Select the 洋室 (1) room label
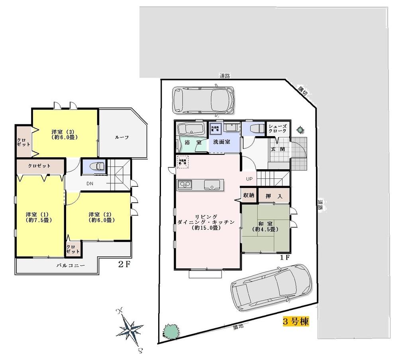tap(39, 217)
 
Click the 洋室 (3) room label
tap(64, 134)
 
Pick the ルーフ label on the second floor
tap(122, 137)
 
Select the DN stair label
tap(90, 184)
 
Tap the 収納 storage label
tap(249, 196)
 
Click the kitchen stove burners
tap(184, 185)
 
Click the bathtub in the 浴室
tap(191, 129)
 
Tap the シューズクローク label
tap(277, 128)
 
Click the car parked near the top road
tap(203, 100)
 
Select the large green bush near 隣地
tap(171, 330)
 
